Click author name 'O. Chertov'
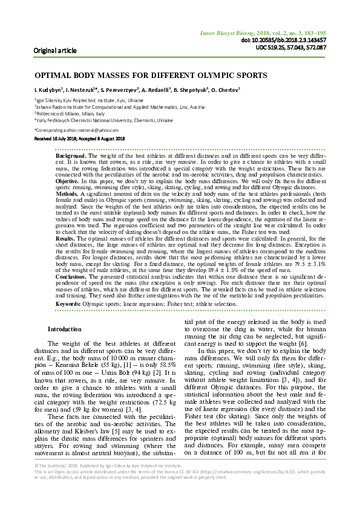click(226, 90)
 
